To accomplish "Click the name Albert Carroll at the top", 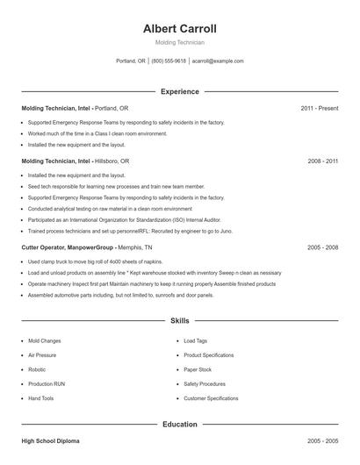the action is (x=179, y=28).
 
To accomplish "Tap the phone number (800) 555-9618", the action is (x=169, y=61).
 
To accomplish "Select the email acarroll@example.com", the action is (x=218, y=61).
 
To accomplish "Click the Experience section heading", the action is (x=179, y=91).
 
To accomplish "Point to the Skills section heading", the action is (x=179, y=322).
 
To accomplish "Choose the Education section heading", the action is (x=179, y=425).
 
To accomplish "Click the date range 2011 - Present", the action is (x=319, y=108).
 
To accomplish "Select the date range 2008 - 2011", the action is (x=322, y=161).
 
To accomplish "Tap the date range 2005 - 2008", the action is (x=322, y=247).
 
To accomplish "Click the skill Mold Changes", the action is (x=44, y=340).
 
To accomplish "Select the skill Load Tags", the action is (x=195, y=340).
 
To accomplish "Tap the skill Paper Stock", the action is (x=198, y=369).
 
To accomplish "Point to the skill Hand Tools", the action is (x=40, y=398).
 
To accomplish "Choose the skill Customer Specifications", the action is (x=211, y=398).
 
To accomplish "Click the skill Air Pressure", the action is (x=42, y=355).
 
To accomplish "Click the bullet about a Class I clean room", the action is (x=97, y=133).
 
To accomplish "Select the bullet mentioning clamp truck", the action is (x=94, y=261).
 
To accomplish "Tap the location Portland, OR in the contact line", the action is (x=131, y=61).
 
